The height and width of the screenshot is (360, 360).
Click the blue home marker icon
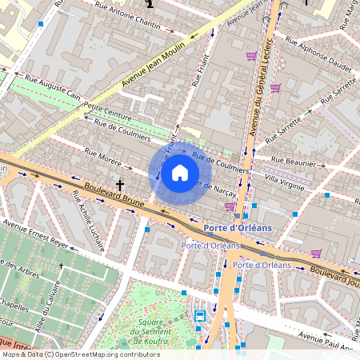[180, 174]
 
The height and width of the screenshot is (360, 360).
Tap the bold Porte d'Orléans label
[238, 227]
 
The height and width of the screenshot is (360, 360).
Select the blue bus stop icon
[199, 315]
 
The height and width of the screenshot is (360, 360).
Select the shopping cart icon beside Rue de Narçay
[230, 206]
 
